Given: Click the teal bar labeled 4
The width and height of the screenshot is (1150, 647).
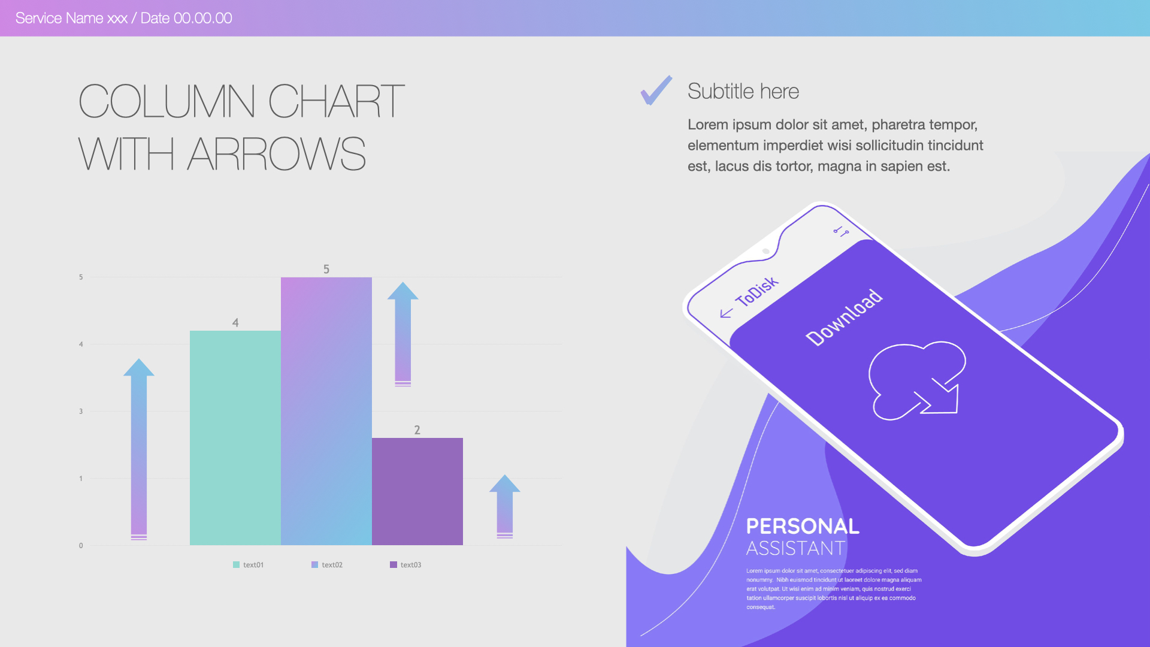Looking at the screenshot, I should (x=235, y=437).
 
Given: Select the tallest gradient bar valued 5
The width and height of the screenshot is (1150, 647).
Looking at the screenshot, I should (x=326, y=410).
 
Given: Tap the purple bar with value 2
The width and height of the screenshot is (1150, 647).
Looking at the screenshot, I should (x=417, y=491).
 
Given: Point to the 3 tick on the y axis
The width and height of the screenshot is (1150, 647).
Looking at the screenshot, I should (x=81, y=411).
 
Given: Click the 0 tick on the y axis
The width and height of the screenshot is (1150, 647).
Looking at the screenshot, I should (x=81, y=545).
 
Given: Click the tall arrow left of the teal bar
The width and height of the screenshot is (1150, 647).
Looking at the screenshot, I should (x=139, y=449).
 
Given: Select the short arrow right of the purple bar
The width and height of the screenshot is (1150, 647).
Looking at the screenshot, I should (x=505, y=506).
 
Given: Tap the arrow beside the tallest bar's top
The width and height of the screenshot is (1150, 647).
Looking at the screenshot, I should (x=402, y=334).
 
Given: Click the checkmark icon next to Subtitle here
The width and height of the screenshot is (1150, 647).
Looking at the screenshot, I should (x=656, y=91).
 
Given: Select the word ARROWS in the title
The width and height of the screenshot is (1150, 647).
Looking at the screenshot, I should (x=276, y=154).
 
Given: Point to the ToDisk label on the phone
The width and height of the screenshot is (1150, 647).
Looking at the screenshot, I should (x=756, y=292).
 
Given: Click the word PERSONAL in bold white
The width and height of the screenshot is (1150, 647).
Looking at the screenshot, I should (x=803, y=526).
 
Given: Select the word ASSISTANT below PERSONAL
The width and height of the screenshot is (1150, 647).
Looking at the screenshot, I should (x=795, y=548).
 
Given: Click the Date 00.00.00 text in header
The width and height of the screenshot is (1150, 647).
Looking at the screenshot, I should (x=186, y=18).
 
